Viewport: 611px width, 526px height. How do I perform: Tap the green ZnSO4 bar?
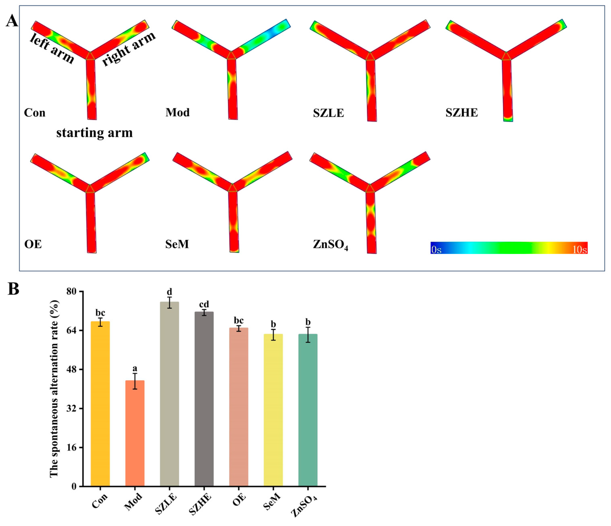point(308,410)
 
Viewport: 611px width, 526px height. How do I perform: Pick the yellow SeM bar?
point(273,410)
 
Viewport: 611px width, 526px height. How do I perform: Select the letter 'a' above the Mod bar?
point(135,368)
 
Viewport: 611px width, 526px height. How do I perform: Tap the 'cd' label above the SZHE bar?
point(204,304)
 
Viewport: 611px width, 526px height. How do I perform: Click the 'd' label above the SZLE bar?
point(169,292)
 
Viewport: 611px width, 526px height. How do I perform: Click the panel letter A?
point(12,21)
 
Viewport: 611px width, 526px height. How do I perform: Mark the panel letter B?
point(13,289)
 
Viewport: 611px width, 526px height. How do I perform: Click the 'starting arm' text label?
point(94,133)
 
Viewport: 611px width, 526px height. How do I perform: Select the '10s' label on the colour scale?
point(579,250)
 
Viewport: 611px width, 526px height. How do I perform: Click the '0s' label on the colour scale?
point(436,250)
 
